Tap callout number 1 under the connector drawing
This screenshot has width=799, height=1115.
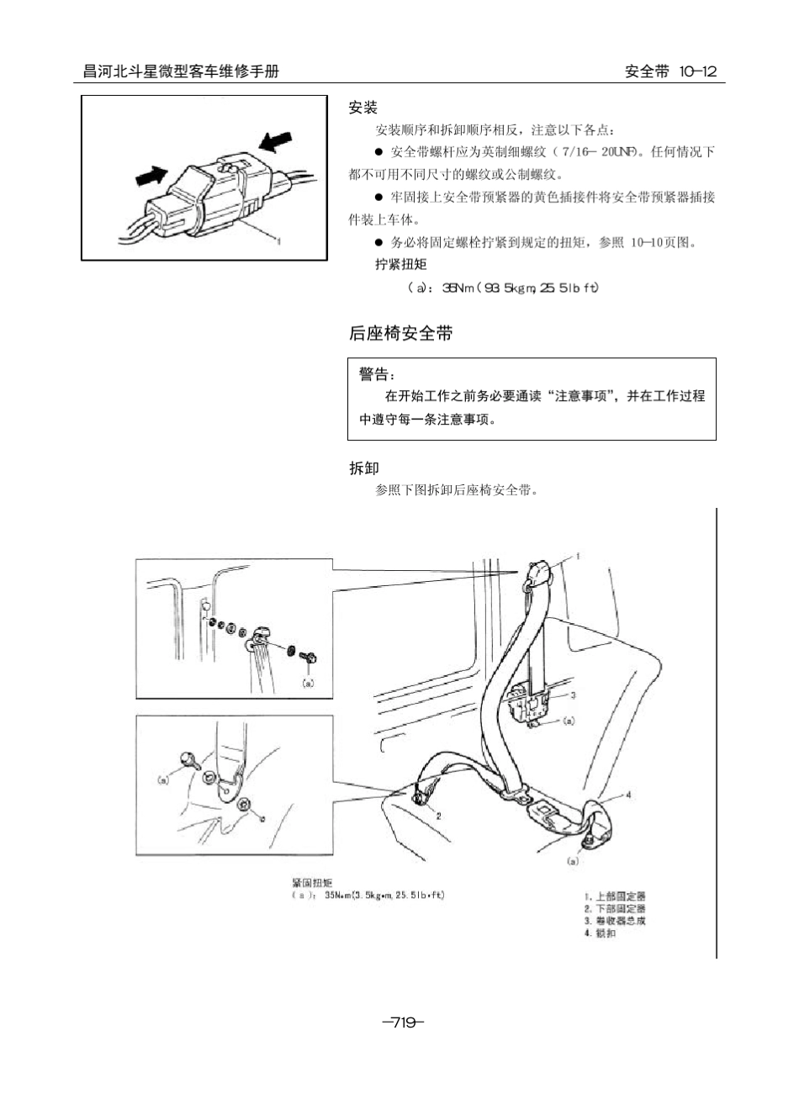tap(278, 240)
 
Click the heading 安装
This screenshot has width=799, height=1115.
tap(363, 108)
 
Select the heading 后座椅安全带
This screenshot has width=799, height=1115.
tap(400, 333)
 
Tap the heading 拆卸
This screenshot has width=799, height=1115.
tap(363, 468)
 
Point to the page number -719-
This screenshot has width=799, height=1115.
tap(403, 1023)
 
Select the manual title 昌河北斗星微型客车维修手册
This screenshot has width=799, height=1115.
tap(180, 71)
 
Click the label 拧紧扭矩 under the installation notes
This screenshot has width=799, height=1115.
tap(400, 264)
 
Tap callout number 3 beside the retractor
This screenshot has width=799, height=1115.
tap(573, 695)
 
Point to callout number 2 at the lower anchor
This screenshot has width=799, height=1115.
tap(438, 815)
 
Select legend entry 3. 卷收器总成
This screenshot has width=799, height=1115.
tap(615, 921)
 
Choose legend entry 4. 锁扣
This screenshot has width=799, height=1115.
tap(601, 933)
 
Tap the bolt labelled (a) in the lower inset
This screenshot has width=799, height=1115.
tap(188, 762)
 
